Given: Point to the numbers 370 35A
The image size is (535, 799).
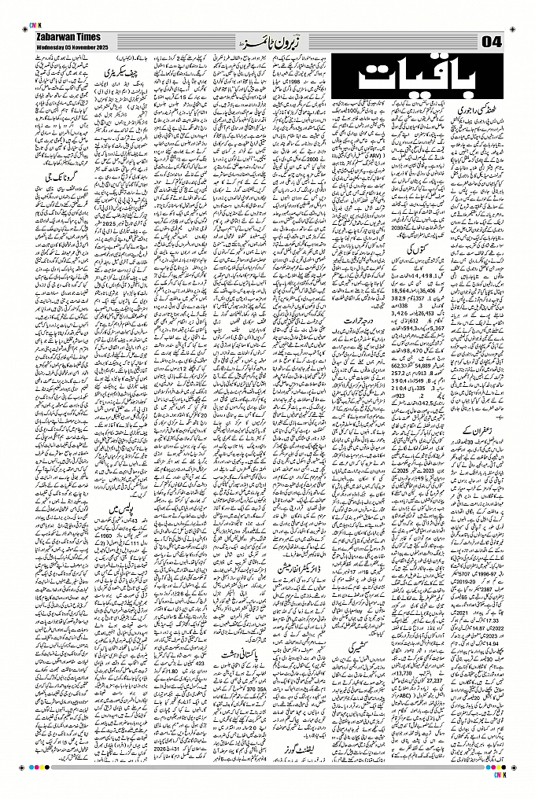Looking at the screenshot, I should click(241, 676).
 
